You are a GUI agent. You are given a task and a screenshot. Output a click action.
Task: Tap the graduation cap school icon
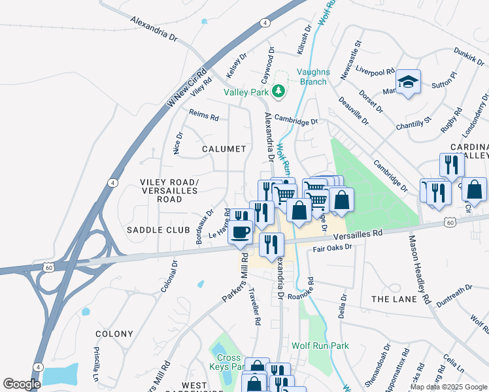[x=408, y=82]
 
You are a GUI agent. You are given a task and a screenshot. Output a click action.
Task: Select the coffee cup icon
[x=241, y=231]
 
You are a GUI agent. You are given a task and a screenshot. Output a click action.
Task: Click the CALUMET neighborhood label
[x=224, y=149]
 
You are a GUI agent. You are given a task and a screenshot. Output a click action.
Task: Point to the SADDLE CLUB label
[x=158, y=230]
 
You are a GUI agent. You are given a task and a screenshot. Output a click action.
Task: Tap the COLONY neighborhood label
[x=114, y=334]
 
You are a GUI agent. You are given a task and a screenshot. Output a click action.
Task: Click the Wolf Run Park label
[x=320, y=346]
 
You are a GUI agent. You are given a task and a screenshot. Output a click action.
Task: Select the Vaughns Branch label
[x=312, y=77]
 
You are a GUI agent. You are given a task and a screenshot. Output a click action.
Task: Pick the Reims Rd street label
[x=203, y=114]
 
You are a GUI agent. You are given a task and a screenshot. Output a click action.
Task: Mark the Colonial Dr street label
[x=169, y=276]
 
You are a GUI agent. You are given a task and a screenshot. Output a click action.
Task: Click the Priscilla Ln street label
[x=95, y=369]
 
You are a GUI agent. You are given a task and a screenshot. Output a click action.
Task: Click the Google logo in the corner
[x=22, y=384]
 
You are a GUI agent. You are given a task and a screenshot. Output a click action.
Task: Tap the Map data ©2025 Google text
[x=448, y=387]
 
